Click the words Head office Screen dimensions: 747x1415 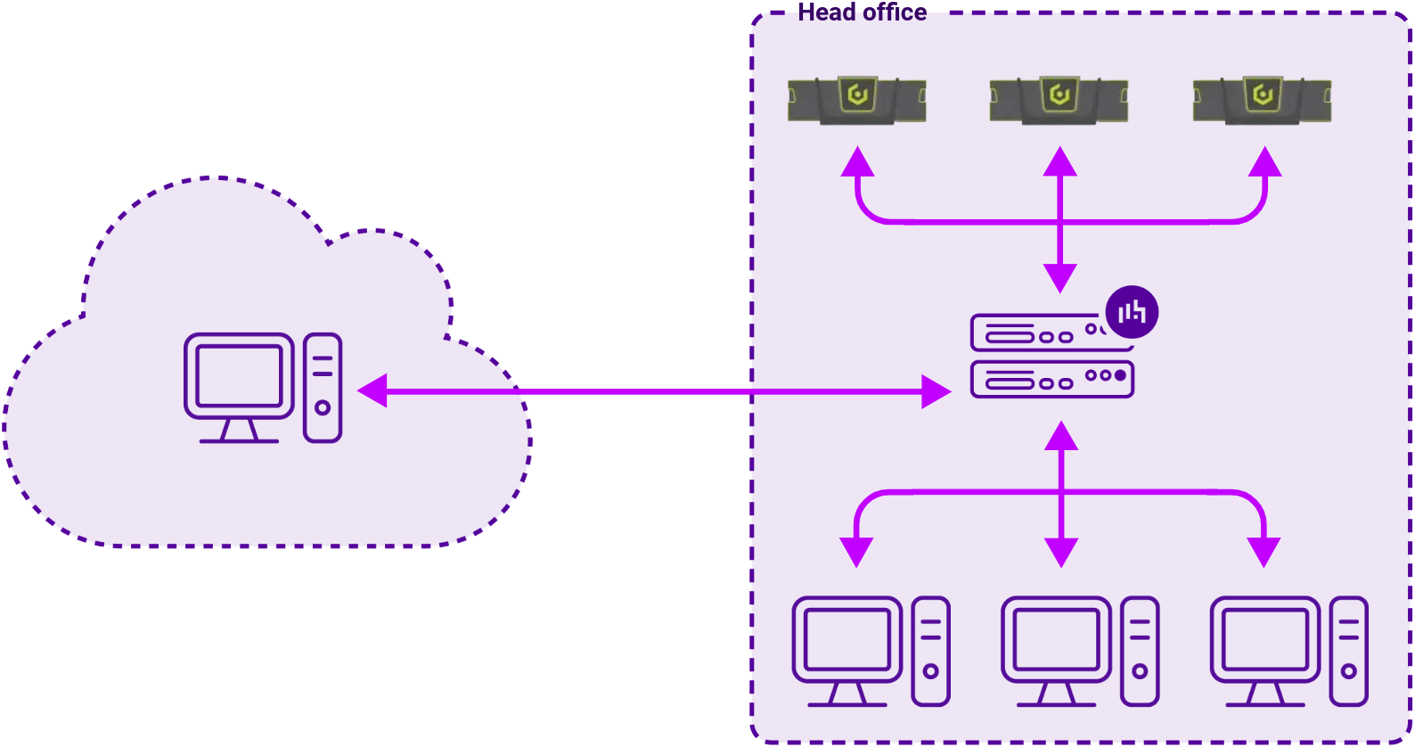[862, 12]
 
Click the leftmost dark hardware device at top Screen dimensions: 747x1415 [856, 99]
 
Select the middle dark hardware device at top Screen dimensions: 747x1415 [1059, 99]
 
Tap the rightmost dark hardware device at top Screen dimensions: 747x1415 [1262, 99]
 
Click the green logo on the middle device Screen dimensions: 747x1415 [1059, 94]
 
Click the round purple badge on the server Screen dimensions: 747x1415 [1132, 312]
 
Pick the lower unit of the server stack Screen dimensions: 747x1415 [1051, 380]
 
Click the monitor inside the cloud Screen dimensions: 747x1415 [239, 376]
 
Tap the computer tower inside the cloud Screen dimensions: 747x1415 [323, 388]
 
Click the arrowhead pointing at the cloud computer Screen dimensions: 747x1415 [372, 391]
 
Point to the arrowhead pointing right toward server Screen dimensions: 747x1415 [936, 391]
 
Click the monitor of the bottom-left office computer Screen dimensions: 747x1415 [847, 640]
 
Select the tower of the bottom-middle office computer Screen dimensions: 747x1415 [1140, 651]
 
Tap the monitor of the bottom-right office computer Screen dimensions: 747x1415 [1265, 640]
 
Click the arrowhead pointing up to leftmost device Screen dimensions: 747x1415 [857, 162]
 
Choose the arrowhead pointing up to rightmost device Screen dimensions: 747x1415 [1264, 162]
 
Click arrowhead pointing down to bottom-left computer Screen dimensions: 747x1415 [856, 551]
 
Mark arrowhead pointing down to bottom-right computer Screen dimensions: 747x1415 [1264, 551]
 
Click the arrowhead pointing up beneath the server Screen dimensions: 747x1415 [1061, 436]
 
